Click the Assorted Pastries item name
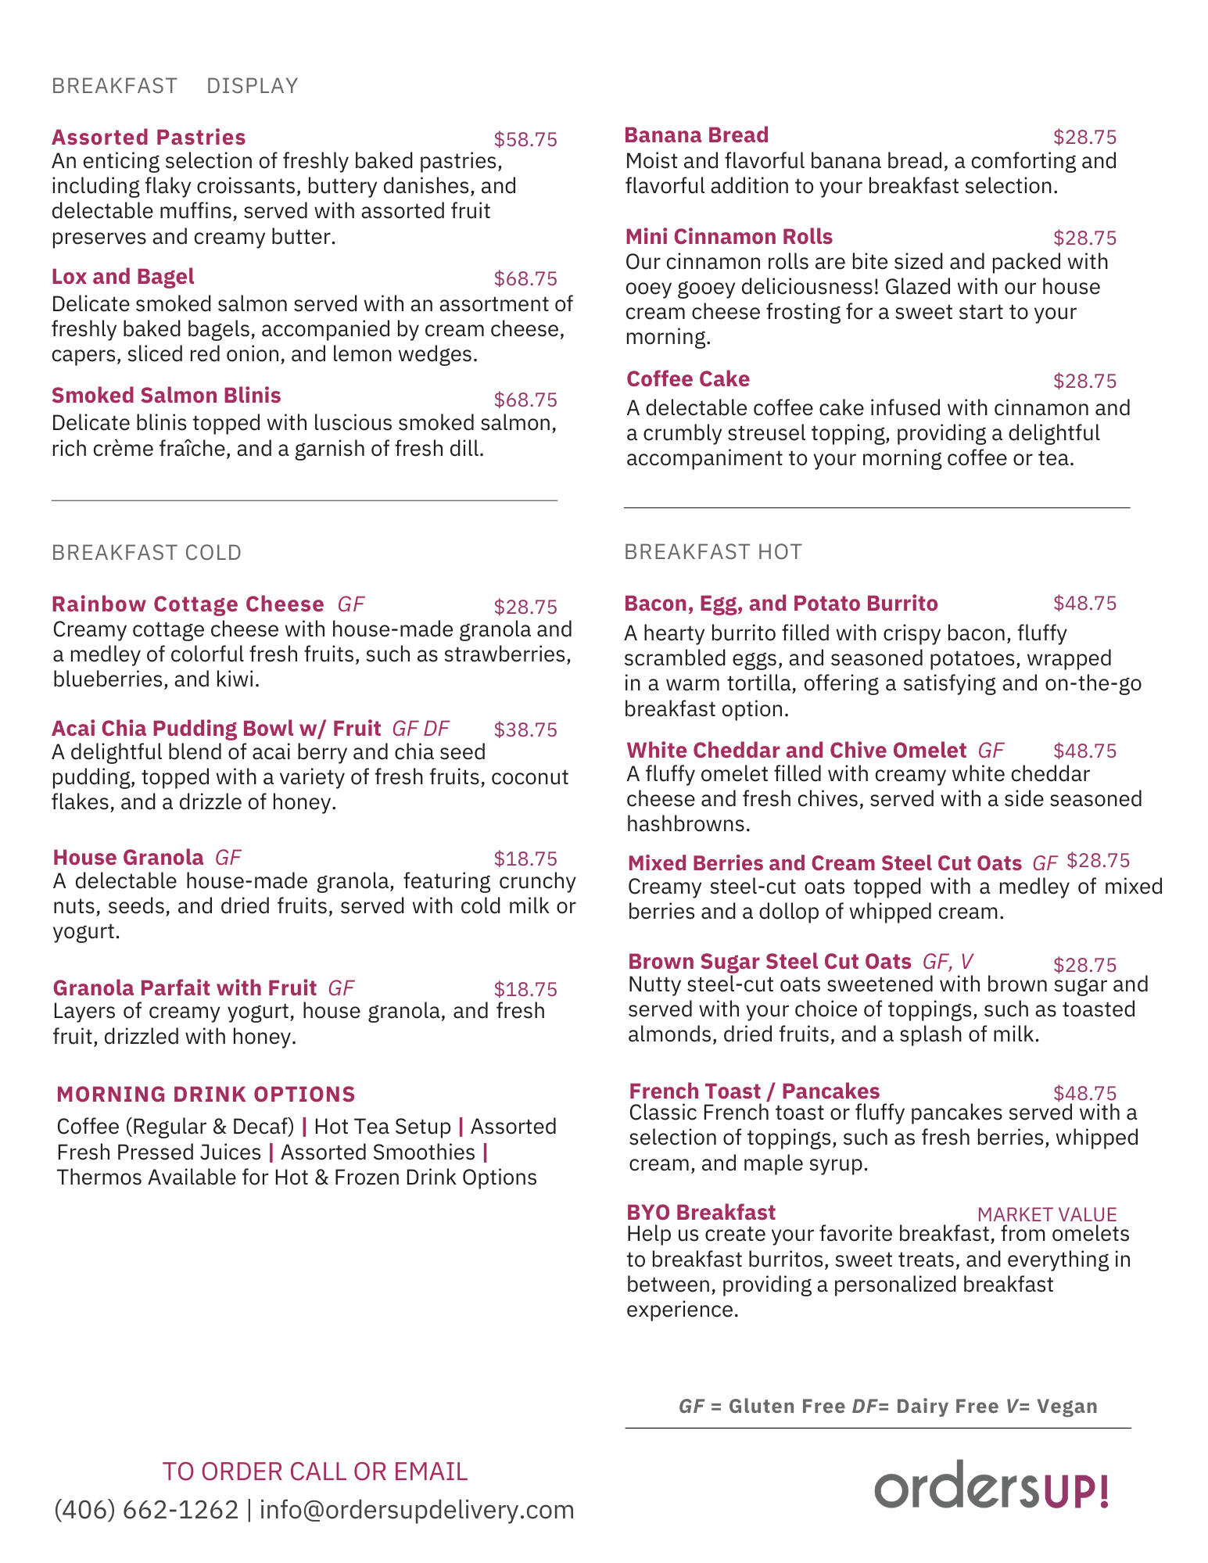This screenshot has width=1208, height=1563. [x=149, y=138]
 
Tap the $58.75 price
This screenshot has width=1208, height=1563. [x=525, y=140]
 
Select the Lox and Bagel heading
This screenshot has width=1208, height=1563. [x=123, y=277]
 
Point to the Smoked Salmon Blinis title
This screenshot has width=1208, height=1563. [x=166, y=396]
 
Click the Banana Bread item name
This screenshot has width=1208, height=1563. [x=696, y=135]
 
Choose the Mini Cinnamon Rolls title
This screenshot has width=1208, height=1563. [x=729, y=237]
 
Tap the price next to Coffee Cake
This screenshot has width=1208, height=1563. [x=1084, y=382]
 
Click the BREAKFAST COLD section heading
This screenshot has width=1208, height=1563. [x=146, y=553]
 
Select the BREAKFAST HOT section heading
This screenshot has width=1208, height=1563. [x=712, y=552]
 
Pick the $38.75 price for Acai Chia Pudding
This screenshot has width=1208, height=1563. [x=525, y=730]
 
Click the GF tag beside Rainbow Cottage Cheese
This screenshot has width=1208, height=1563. [x=351, y=604]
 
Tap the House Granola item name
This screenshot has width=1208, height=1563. [x=128, y=858]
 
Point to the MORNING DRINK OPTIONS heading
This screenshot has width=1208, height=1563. [x=206, y=1095]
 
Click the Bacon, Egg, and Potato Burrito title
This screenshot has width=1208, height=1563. [x=780, y=604]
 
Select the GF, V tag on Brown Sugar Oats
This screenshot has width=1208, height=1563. [x=948, y=962]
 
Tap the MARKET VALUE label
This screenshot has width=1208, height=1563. [x=1046, y=1214]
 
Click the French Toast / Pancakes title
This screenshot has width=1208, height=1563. [x=754, y=1092]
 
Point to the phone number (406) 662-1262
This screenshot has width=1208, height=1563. [x=146, y=1510]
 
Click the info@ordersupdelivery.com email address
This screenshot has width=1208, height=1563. [x=417, y=1510]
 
